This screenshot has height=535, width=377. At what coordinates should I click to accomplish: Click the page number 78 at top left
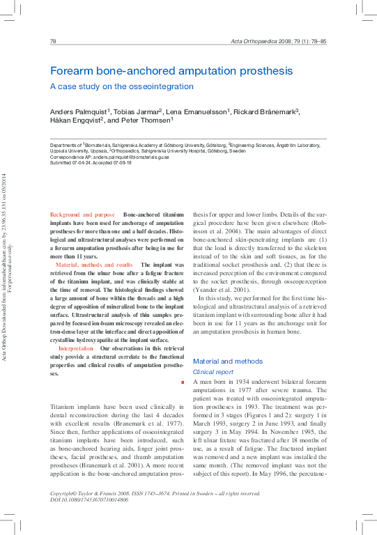(x=53, y=42)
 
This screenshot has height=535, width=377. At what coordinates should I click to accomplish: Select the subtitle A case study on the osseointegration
(x=121, y=86)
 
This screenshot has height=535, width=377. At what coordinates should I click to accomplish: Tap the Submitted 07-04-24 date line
(x=91, y=164)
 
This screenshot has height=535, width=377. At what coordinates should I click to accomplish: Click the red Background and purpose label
(x=82, y=215)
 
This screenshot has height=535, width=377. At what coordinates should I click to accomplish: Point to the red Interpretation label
(x=76, y=348)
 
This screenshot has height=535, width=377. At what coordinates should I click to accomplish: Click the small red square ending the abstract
(x=182, y=383)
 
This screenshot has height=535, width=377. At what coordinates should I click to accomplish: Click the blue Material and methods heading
(x=227, y=362)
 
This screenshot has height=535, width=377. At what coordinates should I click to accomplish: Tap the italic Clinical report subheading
(x=213, y=372)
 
